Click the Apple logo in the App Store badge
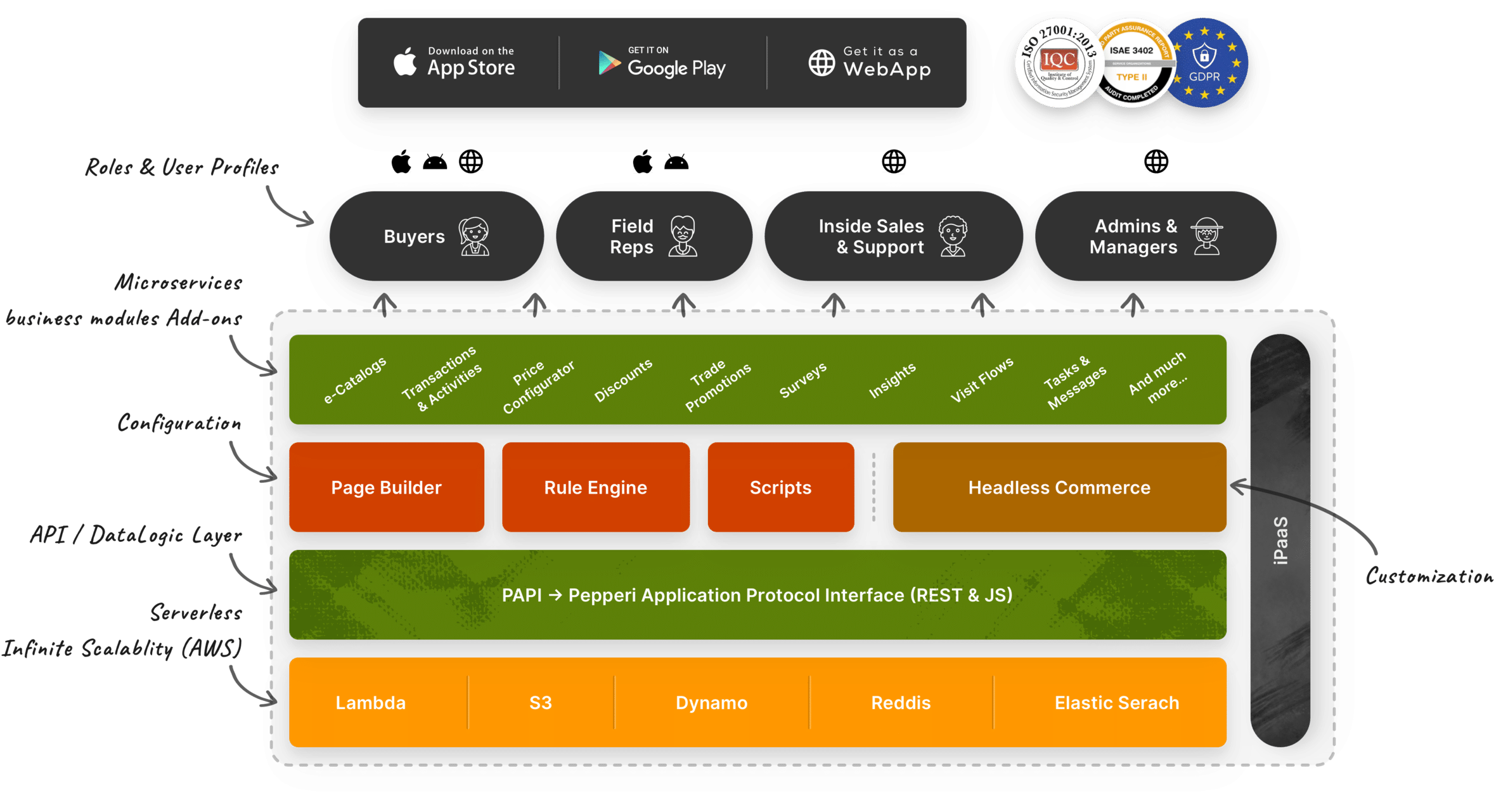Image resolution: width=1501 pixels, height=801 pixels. click(405, 62)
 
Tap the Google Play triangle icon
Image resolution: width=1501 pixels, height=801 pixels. click(609, 63)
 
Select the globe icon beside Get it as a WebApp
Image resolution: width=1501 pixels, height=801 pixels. click(821, 63)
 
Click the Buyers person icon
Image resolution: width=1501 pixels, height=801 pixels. click(474, 236)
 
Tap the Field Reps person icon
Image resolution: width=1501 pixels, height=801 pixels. click(683, 236)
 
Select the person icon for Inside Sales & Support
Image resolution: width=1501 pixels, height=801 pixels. click(953, 236)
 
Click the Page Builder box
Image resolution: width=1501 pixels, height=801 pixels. click(387, 487)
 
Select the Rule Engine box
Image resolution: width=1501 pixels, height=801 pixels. click(596, 487)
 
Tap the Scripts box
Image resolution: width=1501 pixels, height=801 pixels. click(780, 487)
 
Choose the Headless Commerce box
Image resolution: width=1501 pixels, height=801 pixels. click(1059, 487)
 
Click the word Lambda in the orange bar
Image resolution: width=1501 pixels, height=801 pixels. click(371, 703)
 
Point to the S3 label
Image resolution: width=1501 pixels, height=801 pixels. click(541, 703)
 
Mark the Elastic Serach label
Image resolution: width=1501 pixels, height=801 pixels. click(1116, 703)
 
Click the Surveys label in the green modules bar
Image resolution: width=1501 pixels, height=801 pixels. click(803, 380)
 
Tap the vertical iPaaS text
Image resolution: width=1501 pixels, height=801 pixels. click(1280, 540)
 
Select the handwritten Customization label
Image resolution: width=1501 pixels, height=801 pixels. click(1429, 577)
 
